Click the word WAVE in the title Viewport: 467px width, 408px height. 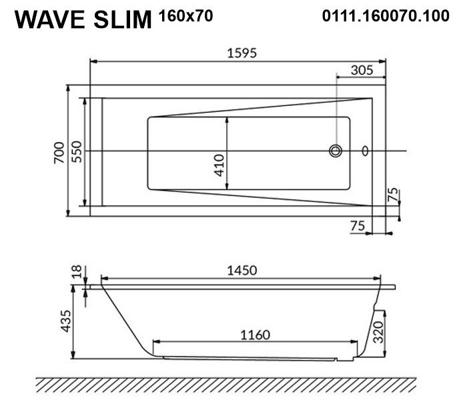pyautogui.click(x=50, y=19)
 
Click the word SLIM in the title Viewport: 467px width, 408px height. pyautogui.click(x=123, y=19)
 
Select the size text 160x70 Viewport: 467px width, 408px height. pyautogui.click(x=186, y=16)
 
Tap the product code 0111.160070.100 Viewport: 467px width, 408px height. pyautogui.click(x=386, y=16)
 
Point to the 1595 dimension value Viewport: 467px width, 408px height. pyautogui.click(x=242, y=53)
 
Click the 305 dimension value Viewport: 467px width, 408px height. pyautogui.click(x=362, y=70)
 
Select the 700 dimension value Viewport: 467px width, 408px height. pyautogui.click(x=59, y=153)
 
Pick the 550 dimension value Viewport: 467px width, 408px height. pyautogui.click(x=77, y=152)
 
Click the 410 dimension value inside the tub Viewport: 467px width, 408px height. pyautogui.click(x=219, y=165)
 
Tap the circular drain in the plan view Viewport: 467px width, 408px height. pyautogui.click(x=336, y=151)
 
